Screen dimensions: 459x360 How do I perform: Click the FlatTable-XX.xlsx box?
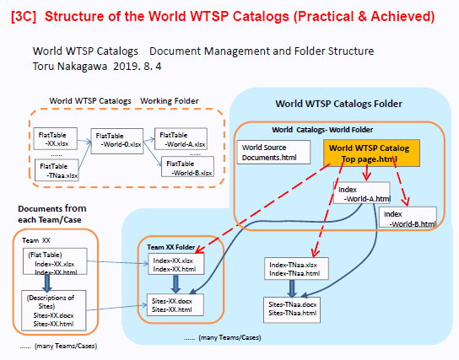(56, 138)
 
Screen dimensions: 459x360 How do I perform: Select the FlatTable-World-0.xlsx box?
(117, 141)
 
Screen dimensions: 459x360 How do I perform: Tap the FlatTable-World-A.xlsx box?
(181, 139)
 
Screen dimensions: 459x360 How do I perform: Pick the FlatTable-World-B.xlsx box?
(187, 167)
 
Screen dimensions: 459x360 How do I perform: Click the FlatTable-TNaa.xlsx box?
(57, 170)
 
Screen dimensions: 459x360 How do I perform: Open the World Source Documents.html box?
(273, 152)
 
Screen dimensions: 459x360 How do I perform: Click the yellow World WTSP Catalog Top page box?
(371, 153)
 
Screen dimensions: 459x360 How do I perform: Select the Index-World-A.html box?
(362, 193)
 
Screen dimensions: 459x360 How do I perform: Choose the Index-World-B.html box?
(408, 217)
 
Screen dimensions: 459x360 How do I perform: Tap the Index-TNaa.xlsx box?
(296, 268)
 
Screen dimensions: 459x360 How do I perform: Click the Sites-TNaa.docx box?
(292, 310)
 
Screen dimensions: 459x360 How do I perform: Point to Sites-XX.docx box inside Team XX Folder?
(175, 305)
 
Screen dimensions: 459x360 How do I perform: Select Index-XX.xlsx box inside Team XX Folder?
(176, 264)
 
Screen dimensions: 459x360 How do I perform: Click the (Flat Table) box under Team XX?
(55, 261)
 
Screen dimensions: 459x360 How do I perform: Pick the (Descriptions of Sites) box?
(54, 310)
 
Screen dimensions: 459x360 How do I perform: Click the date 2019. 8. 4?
(138, 67)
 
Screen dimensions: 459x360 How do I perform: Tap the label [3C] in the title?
(24, 16)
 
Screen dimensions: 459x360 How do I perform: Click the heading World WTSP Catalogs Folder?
(338, 104)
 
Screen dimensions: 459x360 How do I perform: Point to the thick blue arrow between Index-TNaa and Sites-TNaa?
(292, 288)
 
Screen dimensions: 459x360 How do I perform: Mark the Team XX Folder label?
(171, 247)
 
